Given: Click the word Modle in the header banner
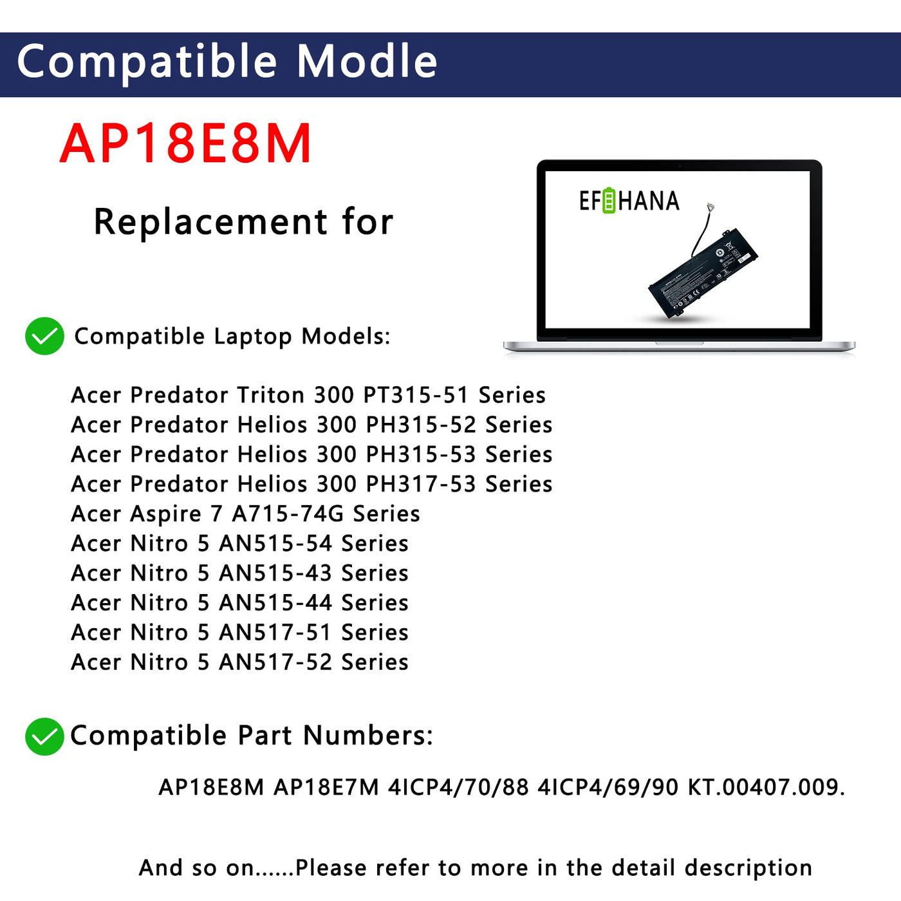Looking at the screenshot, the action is tap(367, 60).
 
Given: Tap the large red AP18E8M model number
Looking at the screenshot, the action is tap(185, 143).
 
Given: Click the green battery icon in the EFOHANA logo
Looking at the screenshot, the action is tap(609, 201).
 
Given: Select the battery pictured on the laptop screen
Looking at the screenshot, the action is tap(701, 271).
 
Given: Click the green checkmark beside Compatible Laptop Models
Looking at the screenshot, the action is tap(44, 336).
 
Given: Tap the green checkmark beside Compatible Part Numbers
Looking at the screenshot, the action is tap(44, 736).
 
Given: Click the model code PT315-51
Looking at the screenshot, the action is tap(416, 395).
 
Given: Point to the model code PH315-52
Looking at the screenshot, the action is tap(421, 425).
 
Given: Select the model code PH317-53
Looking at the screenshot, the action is tap(421, 484).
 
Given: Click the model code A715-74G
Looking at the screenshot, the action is tap(288, 514).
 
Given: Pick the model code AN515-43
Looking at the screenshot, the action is tap(275, 573).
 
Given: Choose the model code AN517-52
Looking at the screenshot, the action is tap(275, 662).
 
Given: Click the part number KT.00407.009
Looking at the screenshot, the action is tap(766, 787).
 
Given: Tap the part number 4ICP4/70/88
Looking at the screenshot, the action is tap(458, 787).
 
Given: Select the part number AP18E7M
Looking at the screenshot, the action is tap(326, 787).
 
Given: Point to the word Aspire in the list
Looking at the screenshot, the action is tap(165, 514).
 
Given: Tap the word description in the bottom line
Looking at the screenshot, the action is tap(748, 868).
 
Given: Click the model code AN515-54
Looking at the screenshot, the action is tap(275, 543).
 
